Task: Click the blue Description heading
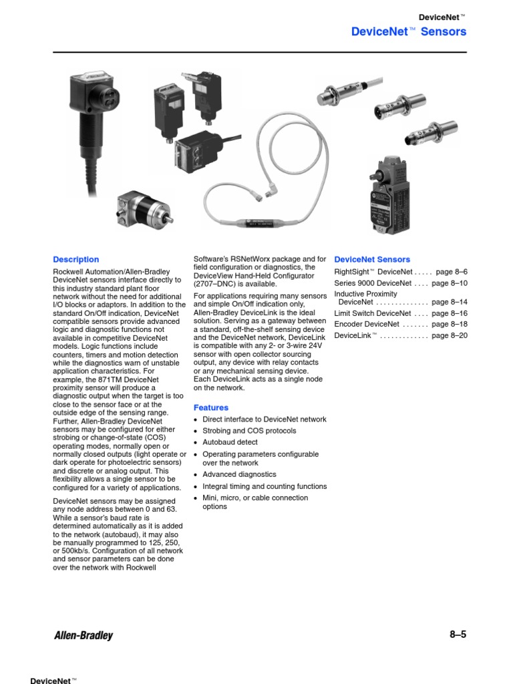(x=76, y=259)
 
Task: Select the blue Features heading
(x=210, y=407)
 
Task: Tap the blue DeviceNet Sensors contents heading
(x=372, y=259)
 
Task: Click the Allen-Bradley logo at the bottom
(x=83, y=635)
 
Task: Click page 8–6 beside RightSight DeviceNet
(x=452, y=272)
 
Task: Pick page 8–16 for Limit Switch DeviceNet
(x=450, y=313)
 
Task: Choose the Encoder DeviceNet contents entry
(x=367, y=324)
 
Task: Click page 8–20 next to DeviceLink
(x=450, y=335)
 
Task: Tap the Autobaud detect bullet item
(x=230, y=442)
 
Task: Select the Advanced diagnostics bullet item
(x=239, y=474)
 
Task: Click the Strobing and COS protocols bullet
(x=249, y=431)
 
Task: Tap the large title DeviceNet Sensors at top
(x=409, y=31)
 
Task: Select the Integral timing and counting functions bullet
(x=265, y=486)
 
